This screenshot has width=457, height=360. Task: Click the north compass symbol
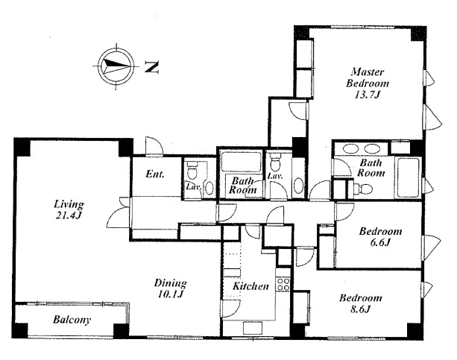116,66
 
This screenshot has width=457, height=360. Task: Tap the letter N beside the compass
151,67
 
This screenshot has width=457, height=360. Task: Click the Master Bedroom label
368,78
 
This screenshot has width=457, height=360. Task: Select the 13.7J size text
368,95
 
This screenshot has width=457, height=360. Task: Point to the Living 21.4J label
69,209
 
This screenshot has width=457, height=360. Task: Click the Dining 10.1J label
170,288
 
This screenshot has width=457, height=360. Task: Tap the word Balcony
72,320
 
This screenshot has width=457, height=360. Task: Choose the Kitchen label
250,286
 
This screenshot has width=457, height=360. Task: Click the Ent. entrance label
155,174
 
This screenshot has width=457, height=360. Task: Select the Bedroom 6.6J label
380,237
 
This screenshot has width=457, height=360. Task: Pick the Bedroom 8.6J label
361,303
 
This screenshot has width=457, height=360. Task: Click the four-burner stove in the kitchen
283,284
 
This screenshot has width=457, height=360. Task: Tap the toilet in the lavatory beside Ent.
192,170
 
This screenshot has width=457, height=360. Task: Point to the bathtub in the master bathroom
409,177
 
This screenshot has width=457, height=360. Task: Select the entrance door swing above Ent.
154,145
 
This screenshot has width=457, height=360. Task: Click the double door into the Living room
119,212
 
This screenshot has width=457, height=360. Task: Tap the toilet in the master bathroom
364,189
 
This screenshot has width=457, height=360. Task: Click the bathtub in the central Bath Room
241,162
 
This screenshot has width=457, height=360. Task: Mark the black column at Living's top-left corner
22,148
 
